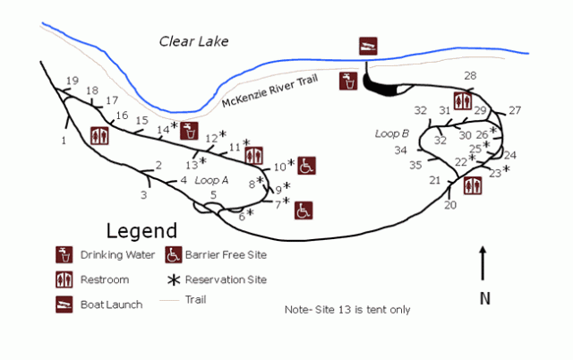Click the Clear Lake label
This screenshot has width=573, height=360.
point(193,41)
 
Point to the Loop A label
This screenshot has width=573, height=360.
point(212,180)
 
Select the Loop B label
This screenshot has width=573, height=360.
point(392,133)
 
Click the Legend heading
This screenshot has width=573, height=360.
point(141,230)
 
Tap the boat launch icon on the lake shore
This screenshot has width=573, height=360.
point(367,47)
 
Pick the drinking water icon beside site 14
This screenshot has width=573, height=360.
point(189,131)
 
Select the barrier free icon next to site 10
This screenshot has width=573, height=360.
point(306,166)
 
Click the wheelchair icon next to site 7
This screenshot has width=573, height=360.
point(304,210)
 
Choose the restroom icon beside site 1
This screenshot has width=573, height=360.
point(99,136)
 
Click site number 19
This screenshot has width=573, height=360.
point(73,81)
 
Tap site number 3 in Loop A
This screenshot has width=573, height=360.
point(143,194)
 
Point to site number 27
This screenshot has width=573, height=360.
point(514,111)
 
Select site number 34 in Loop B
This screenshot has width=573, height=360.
point(400,150)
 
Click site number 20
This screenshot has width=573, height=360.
point(449,205)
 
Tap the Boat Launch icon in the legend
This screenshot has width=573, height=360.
point(64,303)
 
